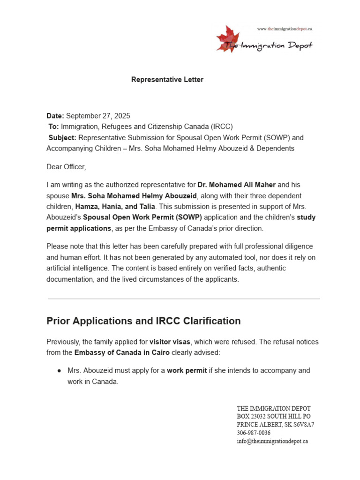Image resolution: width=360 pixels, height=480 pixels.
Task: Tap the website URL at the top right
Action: (x=285, y=29)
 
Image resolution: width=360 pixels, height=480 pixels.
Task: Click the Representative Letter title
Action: (x=167, y=80)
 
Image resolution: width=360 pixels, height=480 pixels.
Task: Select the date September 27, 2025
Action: (x=98, y=116)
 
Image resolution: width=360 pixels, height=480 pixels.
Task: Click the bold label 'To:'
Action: (x=54, y=127)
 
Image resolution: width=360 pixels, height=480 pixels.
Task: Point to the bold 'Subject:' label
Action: (x=62, y=138)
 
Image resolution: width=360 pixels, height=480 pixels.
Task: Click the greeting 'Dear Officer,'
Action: (x=66, y=166)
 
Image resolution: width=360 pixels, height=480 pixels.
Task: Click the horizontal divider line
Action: (x=184, y=299)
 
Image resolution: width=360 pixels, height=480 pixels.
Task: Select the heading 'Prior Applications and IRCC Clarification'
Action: (x=143, y=321)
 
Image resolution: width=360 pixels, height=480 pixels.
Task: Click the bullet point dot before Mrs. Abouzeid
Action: (x=60, y=371)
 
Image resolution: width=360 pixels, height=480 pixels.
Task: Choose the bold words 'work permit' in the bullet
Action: (x=187, y=371)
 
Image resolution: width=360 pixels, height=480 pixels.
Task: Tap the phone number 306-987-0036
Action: (x=254, y=433)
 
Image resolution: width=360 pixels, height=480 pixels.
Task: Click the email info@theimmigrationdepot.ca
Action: (x=272, y=442)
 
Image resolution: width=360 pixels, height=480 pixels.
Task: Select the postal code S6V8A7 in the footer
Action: (x=303, y=425)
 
